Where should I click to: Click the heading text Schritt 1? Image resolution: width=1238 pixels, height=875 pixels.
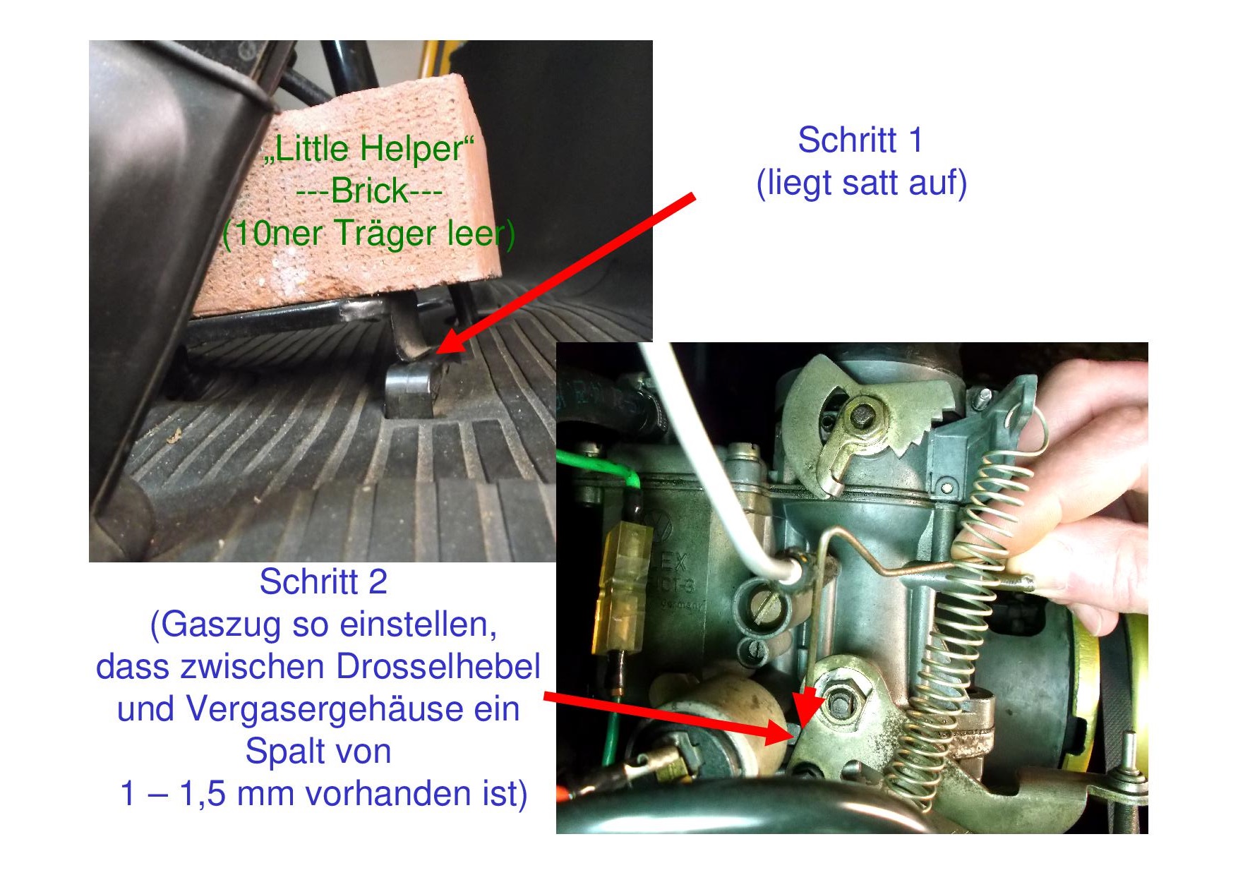(860, 140)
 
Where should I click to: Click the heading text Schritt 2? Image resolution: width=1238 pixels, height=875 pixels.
(323, 582)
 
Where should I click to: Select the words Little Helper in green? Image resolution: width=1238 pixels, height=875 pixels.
(367, 148)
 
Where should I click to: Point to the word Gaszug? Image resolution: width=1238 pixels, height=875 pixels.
(224, 625)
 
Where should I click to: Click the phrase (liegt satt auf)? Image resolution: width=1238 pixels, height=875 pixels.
(861, 183)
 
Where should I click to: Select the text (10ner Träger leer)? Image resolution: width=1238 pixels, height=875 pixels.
(368, 234)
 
